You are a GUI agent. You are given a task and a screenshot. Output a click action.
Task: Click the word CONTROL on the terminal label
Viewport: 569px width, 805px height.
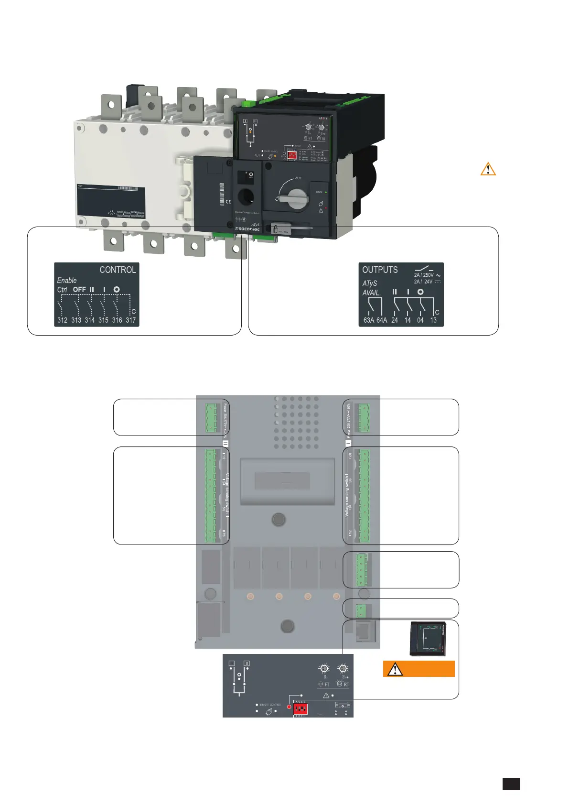[118, 270]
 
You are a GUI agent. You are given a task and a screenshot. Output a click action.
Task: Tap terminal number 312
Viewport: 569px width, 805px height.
[62, 320]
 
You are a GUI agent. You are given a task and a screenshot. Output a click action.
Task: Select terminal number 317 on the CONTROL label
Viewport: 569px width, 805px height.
[130, 320]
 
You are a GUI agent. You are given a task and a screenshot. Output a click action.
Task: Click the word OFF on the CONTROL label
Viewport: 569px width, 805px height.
[79, 290]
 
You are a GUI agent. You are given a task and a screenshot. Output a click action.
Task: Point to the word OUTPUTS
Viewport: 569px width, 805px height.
[380, 270]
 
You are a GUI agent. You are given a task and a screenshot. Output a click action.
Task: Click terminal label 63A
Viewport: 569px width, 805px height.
[369, 320]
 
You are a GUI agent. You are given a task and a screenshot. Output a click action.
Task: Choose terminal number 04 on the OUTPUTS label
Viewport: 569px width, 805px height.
[420, 320]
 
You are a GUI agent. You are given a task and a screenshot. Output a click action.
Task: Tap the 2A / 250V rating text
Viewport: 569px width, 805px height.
[424, 275]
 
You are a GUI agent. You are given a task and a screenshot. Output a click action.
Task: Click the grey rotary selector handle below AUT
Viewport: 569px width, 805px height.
[297, 198]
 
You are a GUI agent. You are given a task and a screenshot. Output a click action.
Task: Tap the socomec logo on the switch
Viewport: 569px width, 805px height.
[247, 229]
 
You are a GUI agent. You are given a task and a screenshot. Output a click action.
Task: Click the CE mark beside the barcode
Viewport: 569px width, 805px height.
[228, 201]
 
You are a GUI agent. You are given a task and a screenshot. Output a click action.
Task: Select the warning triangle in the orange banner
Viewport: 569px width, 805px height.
[395, 669]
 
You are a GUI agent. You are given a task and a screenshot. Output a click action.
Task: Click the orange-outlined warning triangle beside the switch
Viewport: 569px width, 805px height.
[488, 169]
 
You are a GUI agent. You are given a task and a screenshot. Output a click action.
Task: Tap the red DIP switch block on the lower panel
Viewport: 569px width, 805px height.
[301, 708]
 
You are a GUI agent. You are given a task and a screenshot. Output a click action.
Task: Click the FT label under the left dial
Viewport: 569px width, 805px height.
[327, 685]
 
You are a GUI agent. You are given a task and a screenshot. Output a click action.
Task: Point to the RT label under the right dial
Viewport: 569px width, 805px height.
[346, 685]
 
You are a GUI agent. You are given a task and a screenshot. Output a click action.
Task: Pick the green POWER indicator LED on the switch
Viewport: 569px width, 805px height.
[326, 192]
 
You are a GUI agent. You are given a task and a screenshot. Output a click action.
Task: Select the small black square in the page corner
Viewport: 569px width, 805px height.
[511, 784]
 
